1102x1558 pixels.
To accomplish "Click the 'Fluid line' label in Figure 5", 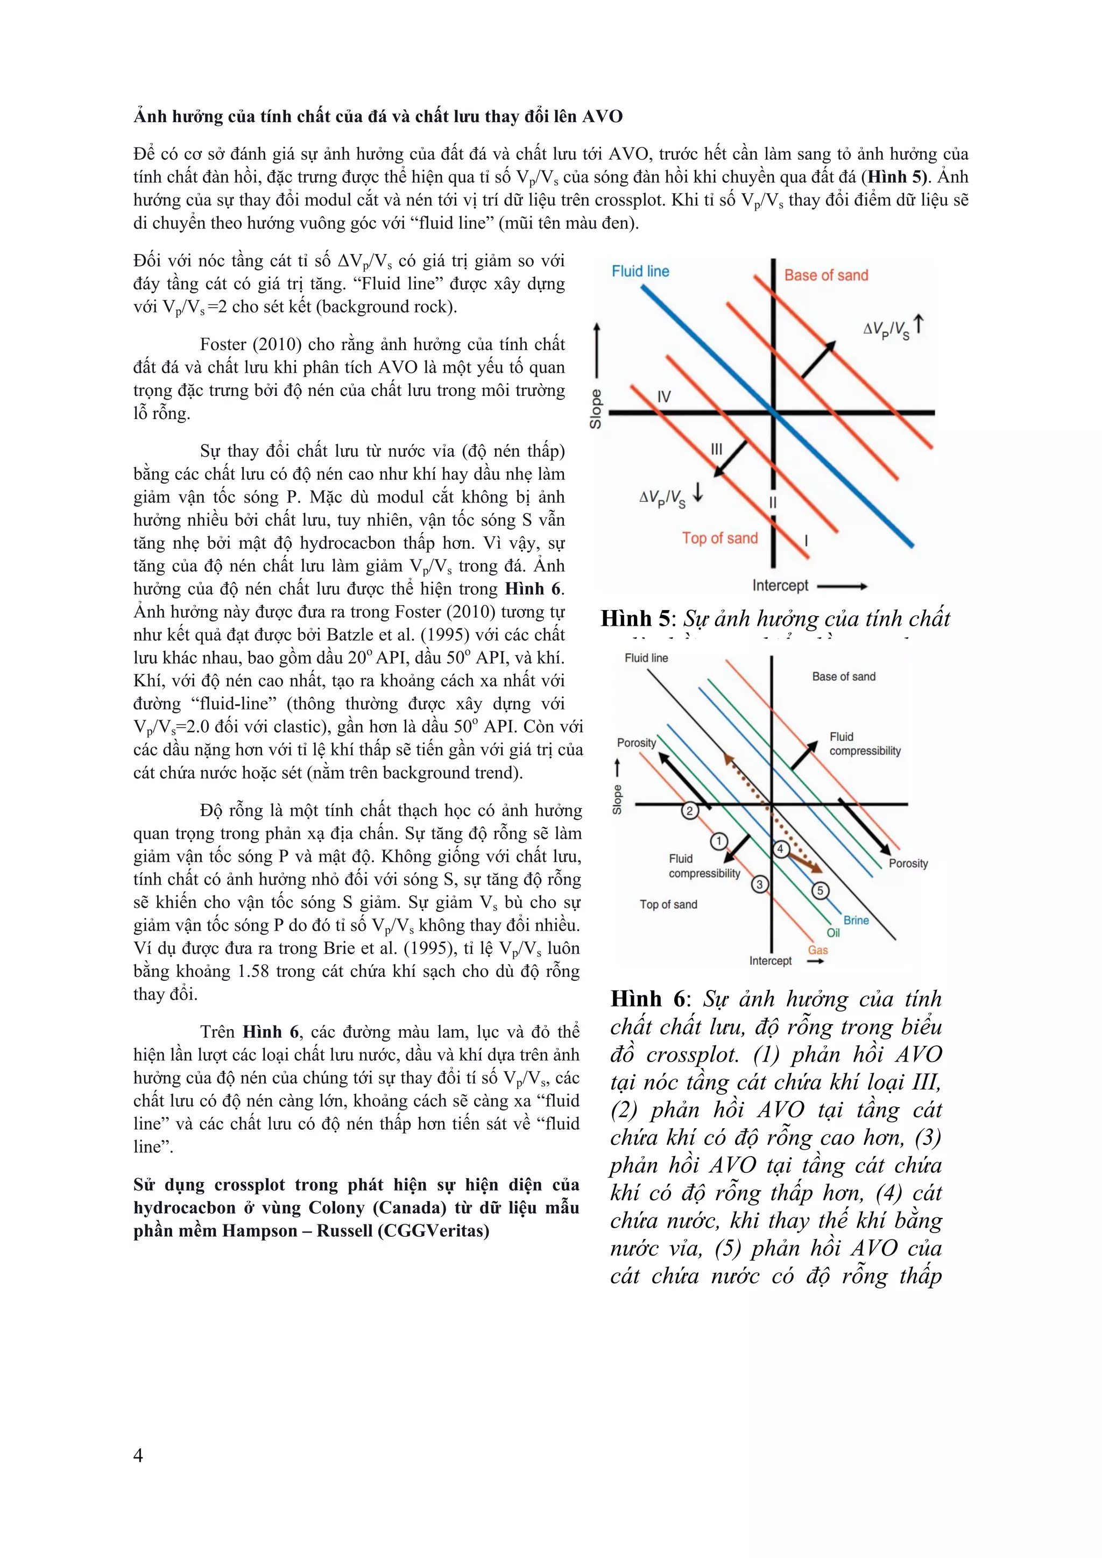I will [640, 272].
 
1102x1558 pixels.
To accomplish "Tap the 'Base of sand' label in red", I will [826, 275].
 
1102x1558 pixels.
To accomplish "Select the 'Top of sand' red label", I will [719, 538].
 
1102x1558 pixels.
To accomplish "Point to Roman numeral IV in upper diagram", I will [663, 396].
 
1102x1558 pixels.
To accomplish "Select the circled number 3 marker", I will [760, 884].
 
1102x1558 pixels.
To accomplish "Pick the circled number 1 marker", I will [718, 841].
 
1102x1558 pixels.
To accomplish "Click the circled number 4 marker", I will [780, 849].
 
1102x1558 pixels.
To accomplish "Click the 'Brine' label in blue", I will [856, 920].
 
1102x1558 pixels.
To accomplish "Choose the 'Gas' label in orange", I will [818, 950].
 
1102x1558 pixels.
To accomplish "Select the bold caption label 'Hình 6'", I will [645, 998].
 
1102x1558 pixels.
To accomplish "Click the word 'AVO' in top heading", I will [603, 117].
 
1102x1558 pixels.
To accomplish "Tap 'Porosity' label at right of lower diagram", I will [908, 863].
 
